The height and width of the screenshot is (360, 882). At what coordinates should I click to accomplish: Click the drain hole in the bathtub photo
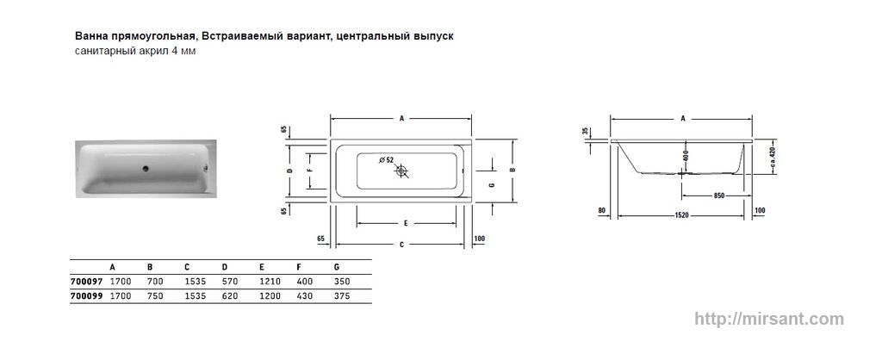(x=145, y=168)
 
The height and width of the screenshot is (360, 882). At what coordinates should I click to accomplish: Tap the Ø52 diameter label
(x=387, y=159)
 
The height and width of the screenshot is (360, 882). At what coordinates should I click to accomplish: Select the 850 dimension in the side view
(x=718, y=196)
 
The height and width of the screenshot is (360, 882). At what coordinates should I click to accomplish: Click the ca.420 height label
(x=773, y=158)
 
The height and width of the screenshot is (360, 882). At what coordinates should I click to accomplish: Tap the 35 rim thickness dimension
(x=586, y=131)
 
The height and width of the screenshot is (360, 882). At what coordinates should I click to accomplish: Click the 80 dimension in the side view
(x=601, y=211)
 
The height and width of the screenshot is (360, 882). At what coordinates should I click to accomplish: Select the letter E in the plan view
(x=405, y=223)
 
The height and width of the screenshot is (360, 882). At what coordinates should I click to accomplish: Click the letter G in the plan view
(x=492, y=185)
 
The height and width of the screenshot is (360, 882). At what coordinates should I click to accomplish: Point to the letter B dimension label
(x=512, y=170)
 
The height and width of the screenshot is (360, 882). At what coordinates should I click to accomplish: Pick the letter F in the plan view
(x=308, y=170)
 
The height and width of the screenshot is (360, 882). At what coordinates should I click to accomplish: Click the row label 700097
(x=86, y=282)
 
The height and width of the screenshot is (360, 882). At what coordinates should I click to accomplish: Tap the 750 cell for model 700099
(x=155, y=296)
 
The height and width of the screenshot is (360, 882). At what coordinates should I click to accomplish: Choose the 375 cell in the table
(x=342, y=296)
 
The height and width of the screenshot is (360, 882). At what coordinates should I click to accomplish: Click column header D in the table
(x=225, y=267)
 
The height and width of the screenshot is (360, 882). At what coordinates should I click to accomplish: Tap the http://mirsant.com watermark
(x=769, y=319)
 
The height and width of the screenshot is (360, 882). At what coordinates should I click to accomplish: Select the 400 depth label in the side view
(x=685, y=155)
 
